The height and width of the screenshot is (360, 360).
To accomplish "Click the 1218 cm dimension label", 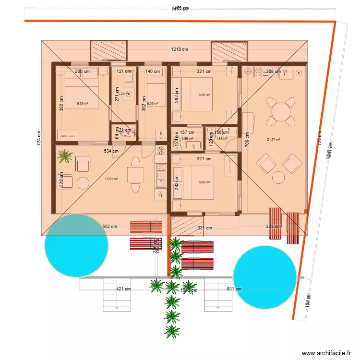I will click(180, 49).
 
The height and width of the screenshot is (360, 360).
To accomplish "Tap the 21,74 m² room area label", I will click(273, 140).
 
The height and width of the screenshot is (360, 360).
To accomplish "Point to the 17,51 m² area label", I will click(111, 179).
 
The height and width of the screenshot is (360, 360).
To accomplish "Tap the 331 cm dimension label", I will click(204, 228).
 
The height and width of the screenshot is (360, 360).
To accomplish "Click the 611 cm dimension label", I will click(234, 289).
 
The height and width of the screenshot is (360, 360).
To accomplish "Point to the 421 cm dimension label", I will click(123, 289).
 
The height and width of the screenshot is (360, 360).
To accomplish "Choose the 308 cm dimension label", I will click(273, 72).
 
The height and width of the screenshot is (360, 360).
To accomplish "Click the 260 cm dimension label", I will click(83, 72).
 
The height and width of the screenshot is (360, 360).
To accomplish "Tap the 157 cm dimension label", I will click(187, 132).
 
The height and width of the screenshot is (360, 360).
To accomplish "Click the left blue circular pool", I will click(76, 245).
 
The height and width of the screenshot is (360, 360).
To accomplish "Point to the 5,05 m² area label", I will click(153, 103).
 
